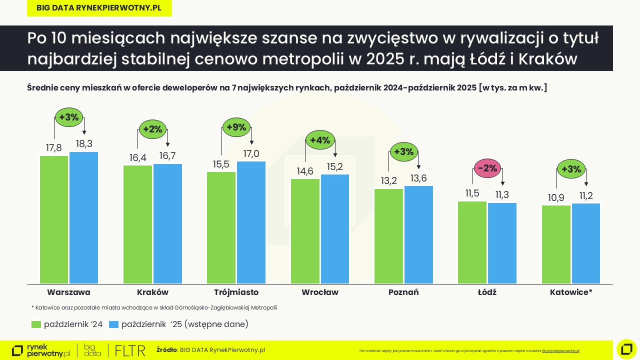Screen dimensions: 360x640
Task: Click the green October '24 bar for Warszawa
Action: click(x=54, y=220)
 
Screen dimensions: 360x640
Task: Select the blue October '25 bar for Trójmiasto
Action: click(x=251, y=222)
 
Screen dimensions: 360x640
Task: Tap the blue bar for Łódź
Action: click(x=502, y=243)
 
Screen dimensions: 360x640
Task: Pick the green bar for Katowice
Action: click(x=556, y=244)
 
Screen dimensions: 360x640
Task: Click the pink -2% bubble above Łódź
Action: click(x=487, y=168)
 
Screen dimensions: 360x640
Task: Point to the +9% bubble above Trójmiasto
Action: click(x=236, y=127)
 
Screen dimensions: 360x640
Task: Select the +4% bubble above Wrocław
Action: click(x=320, y=140)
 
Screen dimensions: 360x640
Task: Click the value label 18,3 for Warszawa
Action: click(x=83, y=144)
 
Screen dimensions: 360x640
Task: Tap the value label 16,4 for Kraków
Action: click(x=137, y=157)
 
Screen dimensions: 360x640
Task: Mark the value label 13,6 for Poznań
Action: click(x=418, y=178)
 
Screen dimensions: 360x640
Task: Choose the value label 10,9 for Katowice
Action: click(x=556, y=198)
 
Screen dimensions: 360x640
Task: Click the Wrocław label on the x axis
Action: click(x=320, y=292)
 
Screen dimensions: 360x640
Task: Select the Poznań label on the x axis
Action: click(x=403, y=292)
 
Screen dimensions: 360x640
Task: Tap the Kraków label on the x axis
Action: click(x=152, y=292)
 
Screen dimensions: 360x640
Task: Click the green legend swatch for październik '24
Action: click(x=36, y=324)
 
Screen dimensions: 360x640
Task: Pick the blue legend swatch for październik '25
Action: click(x=113, y=324)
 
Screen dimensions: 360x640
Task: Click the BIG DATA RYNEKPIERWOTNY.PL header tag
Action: click(x=99, y=8)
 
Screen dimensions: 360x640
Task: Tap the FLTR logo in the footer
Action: click(x=130, y=350)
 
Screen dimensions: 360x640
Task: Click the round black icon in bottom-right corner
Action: click(x=626, y=349)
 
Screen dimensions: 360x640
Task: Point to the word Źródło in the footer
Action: click(x=166, y=350)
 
